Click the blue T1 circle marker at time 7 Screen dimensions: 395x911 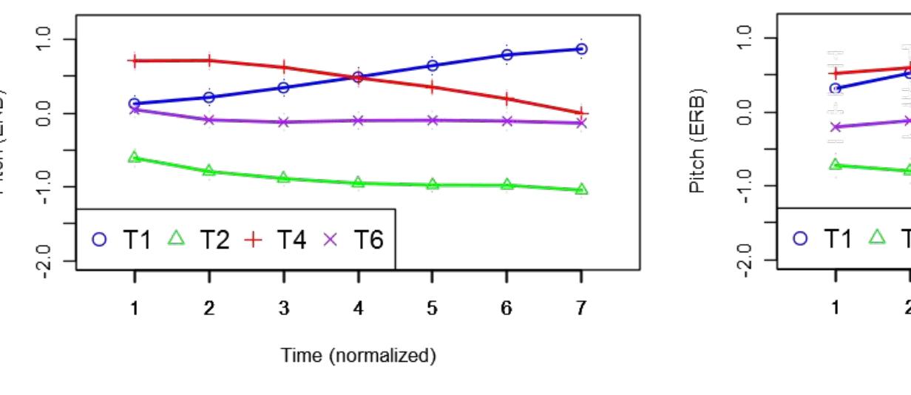point(581,49)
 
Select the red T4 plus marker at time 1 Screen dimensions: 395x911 point(135,61)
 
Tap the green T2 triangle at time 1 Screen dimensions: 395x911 point(135,157)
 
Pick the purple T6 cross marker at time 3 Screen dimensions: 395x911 point(284,121)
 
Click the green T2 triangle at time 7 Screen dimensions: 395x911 point(581,189)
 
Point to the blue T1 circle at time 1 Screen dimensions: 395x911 point(135,104)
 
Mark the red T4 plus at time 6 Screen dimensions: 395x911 point(507,98)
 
